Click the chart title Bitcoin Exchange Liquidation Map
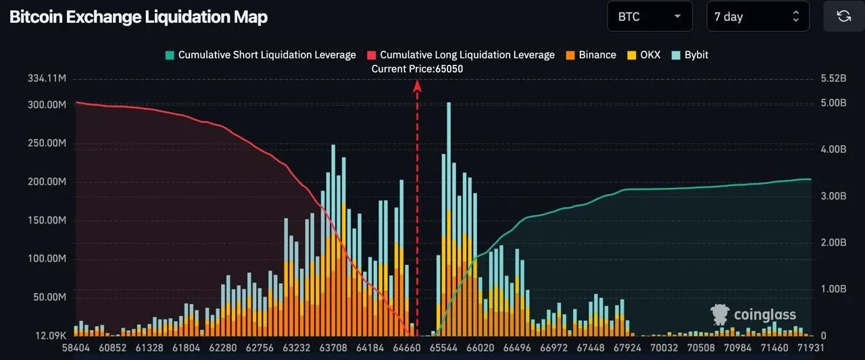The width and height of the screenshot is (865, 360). tap(139, 17)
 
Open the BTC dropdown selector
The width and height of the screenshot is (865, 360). tap(649, 17)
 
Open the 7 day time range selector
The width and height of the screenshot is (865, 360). tap(758, 17)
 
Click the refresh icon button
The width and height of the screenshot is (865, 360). tap(844, 16)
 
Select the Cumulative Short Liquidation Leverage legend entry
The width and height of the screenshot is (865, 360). tap(261, 55)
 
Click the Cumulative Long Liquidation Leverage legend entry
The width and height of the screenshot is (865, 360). tap(461, 55)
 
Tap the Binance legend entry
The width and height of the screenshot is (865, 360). tap(591, 55)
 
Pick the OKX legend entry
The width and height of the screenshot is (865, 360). tap(644, 55)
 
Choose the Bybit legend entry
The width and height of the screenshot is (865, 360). tap(690, 55)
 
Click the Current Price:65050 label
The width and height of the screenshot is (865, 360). tap(417, 69)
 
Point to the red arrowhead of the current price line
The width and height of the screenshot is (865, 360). tap(417, 86)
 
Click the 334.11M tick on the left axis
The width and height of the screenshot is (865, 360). tap(47, 78)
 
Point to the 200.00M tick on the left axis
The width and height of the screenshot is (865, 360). tap(47, 182)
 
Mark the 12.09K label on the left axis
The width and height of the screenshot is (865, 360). tap(51, 336)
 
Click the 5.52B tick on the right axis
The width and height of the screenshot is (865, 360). tap(833, 78)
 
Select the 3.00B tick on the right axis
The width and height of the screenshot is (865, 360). tap(833, 196)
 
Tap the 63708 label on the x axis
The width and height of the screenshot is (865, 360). tap(333, 348)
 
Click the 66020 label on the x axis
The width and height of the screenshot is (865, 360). tap(480, 348)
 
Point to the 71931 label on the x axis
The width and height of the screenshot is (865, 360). tap(811, 348)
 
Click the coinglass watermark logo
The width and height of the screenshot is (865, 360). tap(753, 315)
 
